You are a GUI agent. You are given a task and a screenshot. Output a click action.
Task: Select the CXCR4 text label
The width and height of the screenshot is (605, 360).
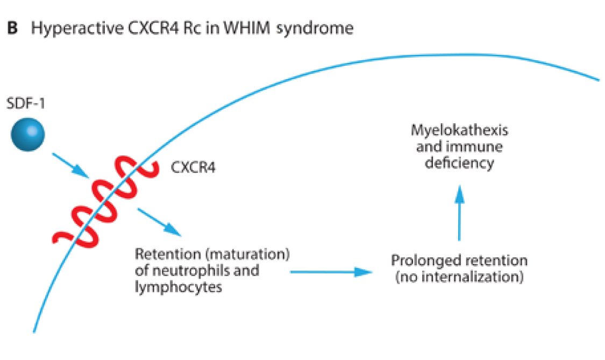point(194,168)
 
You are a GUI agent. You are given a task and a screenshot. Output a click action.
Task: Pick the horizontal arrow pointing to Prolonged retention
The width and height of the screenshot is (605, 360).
point(331,272)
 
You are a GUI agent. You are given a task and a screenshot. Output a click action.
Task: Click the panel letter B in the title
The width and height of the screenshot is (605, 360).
point(12,29)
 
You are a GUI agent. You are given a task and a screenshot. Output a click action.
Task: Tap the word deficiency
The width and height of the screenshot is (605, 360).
point(459,163)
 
